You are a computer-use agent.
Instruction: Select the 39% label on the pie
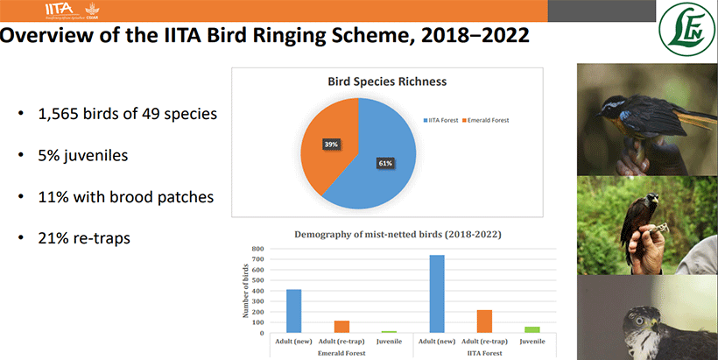[332, 144]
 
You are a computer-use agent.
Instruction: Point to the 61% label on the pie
[385, 163]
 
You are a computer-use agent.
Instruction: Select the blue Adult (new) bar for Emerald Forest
[293, 310]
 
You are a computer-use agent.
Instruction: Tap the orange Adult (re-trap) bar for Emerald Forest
[341, 326]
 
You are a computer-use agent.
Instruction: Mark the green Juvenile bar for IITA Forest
[532, 328]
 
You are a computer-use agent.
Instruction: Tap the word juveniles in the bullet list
[101, 155]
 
